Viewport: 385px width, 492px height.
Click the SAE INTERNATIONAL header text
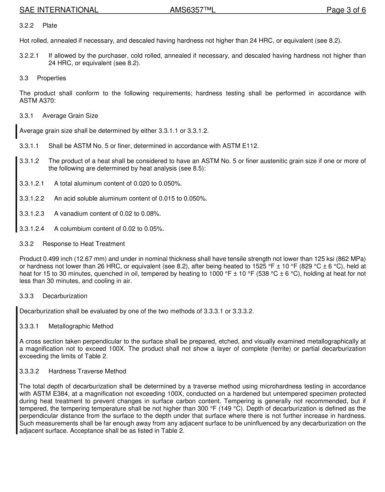59,10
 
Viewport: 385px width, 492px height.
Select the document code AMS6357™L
192,10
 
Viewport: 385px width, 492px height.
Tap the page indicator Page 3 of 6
346,10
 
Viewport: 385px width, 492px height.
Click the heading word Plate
50,26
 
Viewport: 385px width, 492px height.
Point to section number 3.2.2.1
29,56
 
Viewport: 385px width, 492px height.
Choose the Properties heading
51,78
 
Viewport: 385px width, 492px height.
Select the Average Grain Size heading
70,116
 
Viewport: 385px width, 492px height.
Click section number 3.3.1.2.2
32,198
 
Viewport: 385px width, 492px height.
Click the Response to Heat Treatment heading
83,244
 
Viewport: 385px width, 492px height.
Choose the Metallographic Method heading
81,326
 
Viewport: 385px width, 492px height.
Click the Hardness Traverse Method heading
87,371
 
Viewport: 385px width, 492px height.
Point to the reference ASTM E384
44,394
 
